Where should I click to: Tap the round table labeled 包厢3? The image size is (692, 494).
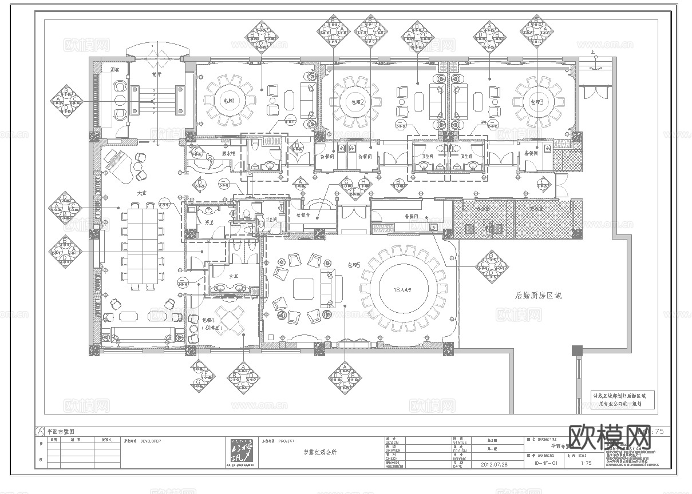point(536,101)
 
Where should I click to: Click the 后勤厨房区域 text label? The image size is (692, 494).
point(538,296)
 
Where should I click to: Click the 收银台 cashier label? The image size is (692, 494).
point(303,216)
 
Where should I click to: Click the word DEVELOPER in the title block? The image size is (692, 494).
point(151,441)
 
